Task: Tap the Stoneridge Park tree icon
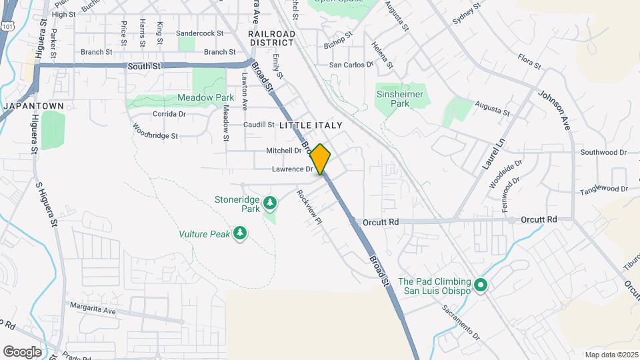coord(270,201)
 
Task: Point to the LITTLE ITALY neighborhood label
coord(311,125)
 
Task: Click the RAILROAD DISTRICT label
coord(271,38)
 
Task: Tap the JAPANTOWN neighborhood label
coord(33,106)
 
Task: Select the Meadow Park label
coord(205,97)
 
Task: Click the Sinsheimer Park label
coord(400,99)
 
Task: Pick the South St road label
coord(145,66)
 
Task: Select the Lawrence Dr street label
coord(292,169)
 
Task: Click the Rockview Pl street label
coord(309,207)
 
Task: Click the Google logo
coord(22,351)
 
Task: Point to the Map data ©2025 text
coord(611,355)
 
